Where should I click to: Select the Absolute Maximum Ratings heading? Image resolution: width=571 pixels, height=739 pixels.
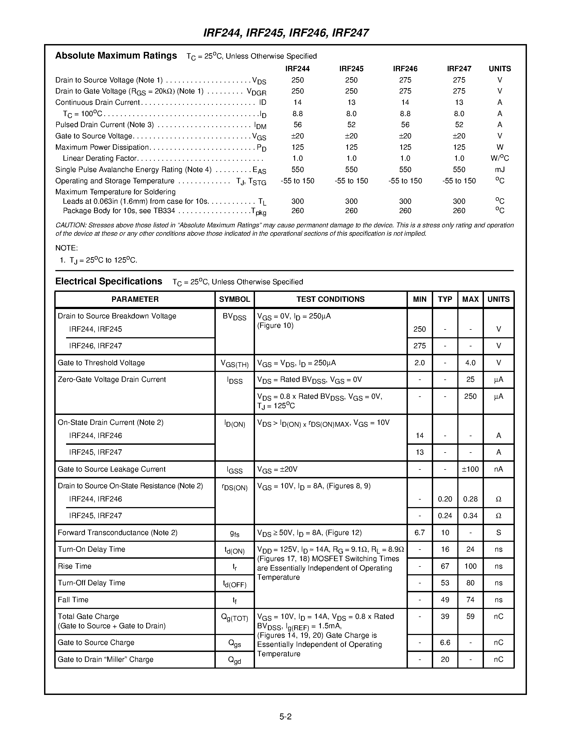coord(116,56)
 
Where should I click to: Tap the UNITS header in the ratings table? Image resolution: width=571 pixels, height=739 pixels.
coord(499,69)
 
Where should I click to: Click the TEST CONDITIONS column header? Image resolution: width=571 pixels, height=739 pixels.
coord(330,299)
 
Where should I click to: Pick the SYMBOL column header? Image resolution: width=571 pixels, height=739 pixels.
coord(234,299)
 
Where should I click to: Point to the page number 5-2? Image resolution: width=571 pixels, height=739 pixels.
coord(285,716)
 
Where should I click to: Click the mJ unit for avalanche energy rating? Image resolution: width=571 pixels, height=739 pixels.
coord(499,170)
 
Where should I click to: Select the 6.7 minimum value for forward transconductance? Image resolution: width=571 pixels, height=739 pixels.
coord(419,533)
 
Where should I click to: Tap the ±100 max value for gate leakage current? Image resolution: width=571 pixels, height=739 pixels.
coord(470,469)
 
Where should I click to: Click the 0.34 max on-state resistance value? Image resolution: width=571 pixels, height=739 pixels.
coord(470,516)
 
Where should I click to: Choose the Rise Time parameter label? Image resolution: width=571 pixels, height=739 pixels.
coord(74,566)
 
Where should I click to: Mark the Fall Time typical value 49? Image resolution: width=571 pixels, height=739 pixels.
coord(445,600)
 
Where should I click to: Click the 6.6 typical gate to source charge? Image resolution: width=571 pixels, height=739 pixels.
coord(445,643)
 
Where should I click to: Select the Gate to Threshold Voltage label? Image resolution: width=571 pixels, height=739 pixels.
coord(101,363)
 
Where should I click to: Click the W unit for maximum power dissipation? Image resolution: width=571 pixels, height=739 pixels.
coord(499,147)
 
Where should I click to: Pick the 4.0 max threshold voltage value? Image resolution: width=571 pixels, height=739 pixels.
coord(470,363)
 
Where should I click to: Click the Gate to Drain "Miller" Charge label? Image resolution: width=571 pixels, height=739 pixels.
coord(105,659)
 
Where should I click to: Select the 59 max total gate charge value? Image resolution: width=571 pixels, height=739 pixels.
coord(470,616)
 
